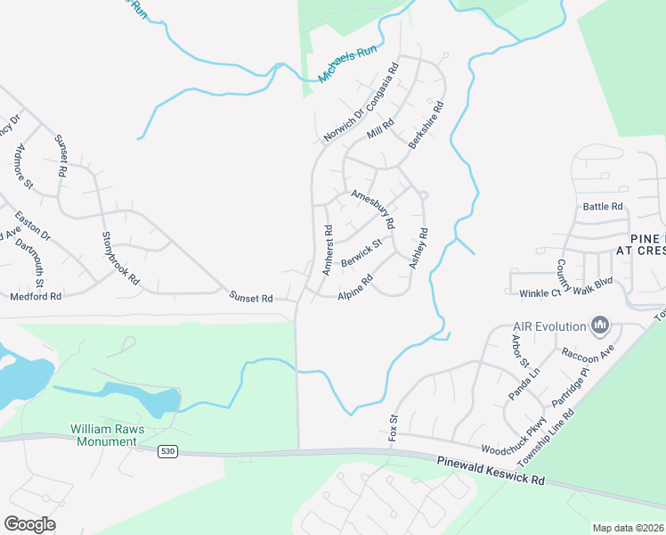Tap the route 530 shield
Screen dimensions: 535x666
click(x=167, y=452)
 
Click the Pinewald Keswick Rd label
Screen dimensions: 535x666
click(x=491, y=469)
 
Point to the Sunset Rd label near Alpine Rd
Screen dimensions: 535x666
click(x=251, y=298)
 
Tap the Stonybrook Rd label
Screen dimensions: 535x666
click(x=121, y=258)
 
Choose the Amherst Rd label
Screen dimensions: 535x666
click(x=328, y=249)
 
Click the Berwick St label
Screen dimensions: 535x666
click(x=361, y=251)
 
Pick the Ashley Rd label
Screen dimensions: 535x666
click(x=418, y=249)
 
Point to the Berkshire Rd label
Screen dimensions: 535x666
click(x=426, y=131)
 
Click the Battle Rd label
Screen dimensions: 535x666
click(x=603, y=207)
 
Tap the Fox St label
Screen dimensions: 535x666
click(x=393, y=427)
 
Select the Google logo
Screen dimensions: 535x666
click(x=29, y=523)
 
